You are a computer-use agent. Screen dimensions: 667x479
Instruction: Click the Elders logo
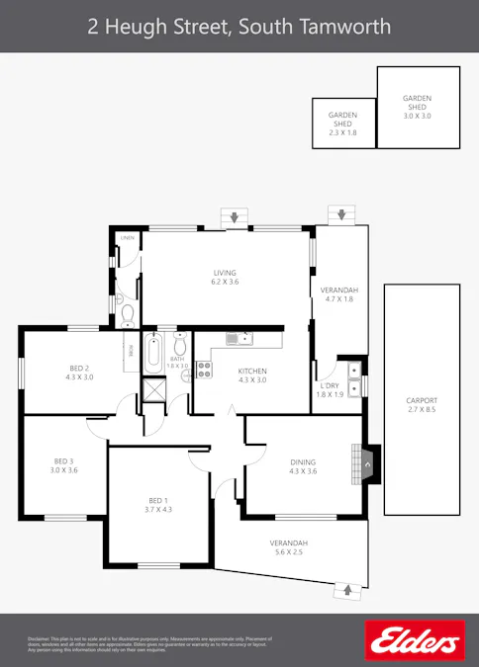point(415,640)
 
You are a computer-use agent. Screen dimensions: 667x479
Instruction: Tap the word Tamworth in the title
point(350,26)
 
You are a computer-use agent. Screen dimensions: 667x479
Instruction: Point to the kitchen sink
point(239,339)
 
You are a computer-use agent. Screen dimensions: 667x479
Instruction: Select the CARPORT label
point(422,400)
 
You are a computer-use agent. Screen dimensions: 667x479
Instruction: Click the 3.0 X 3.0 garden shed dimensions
point(418,116)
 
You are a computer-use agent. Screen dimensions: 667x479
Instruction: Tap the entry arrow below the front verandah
point(346,590)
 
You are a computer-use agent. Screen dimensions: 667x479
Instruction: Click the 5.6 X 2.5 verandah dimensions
point(289,553)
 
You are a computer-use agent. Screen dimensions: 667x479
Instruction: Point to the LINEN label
point(128,239)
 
